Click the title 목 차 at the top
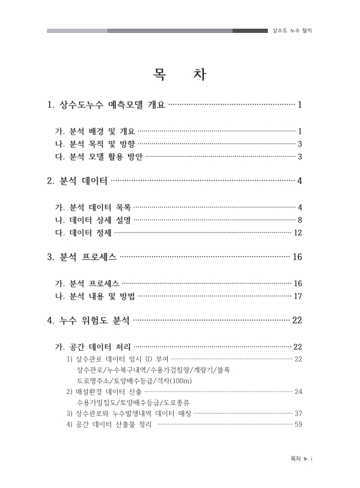(x=180, y=76)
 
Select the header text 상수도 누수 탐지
(x=296, y=30)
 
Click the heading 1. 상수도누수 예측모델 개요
(x=106, y=105)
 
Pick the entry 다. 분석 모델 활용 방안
(x=99, y=157)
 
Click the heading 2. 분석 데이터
(x=77, y=181)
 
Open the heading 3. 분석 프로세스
(x=82, y=257)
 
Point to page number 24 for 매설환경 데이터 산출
(x=298, y=392)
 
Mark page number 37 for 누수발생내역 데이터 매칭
(x=298, y=414)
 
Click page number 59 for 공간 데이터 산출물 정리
(x=298, y=425)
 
